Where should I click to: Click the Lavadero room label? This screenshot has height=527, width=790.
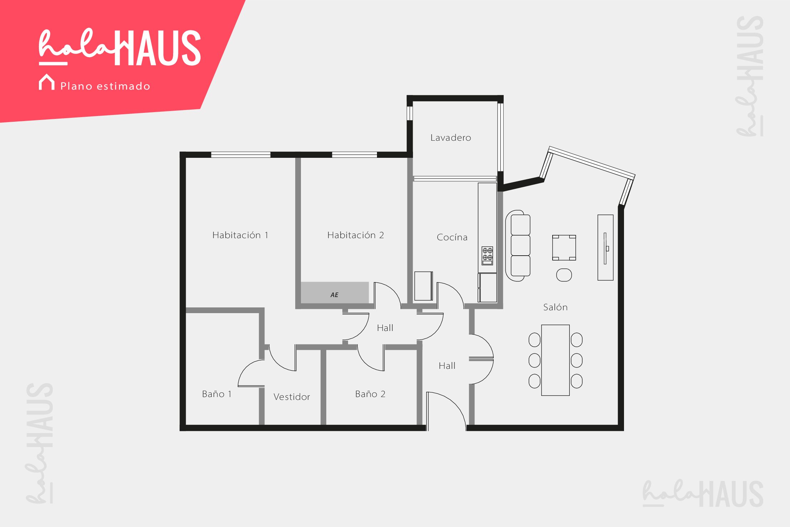click(x=451, y=138)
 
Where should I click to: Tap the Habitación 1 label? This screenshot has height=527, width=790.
click(x=240, y=235)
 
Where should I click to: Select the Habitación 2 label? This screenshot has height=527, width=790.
click(x=356, y=235)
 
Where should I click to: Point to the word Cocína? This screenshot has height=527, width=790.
click(x=452, y=237)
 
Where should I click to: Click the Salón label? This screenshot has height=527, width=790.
click(x=555, y=307)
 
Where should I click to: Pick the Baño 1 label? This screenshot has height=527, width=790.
click(x=217, y=394)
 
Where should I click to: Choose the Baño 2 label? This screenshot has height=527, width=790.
click(x=370, y=394)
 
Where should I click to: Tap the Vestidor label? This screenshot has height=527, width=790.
click(x=292, y=397)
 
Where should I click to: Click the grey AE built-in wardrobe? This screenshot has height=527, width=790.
click(x=334, y=293)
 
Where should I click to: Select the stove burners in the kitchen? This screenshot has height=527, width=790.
click(x=487, y=256)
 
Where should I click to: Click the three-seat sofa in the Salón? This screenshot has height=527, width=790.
click(x=518, y=246)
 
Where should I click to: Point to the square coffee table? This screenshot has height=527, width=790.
click(x=564, y=247)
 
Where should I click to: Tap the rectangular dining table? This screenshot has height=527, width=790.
click(x=555, y=360)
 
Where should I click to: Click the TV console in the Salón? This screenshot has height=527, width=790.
click(x=605, y=247)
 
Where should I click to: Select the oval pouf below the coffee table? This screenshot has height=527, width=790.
click(x=564, y=275)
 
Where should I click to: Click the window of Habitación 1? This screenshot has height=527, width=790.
click(x=241, y=155)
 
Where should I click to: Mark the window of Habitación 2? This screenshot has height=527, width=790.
click(x=354, y=155)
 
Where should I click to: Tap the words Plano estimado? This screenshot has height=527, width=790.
click(x=105, y=86)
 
